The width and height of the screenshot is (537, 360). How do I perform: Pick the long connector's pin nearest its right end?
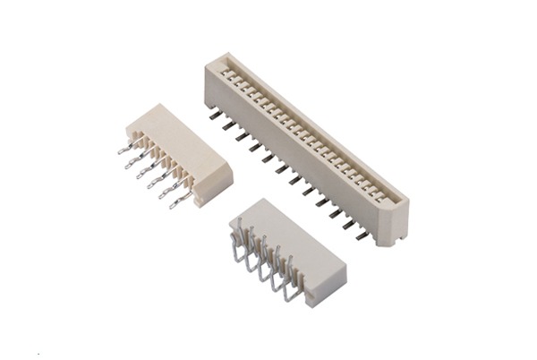coord(362,235)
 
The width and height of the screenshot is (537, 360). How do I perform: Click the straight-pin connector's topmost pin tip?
coord(122,151)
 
